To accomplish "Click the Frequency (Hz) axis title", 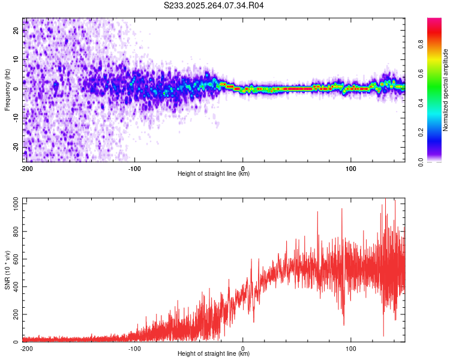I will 7,90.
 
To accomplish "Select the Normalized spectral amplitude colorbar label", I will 446,90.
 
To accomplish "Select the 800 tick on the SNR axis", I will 15,232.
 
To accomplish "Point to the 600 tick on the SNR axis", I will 15,260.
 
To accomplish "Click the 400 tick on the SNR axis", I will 15,287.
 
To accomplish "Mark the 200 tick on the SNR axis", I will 15,315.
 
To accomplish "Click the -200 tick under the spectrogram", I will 26,169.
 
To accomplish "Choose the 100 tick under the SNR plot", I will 351,348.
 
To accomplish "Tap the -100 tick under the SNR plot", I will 134,348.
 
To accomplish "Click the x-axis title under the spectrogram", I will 214,174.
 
